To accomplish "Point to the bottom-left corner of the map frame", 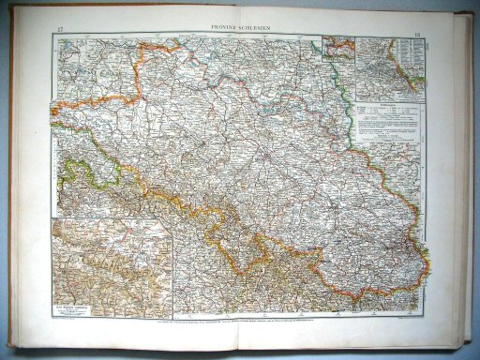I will (54, 314).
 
